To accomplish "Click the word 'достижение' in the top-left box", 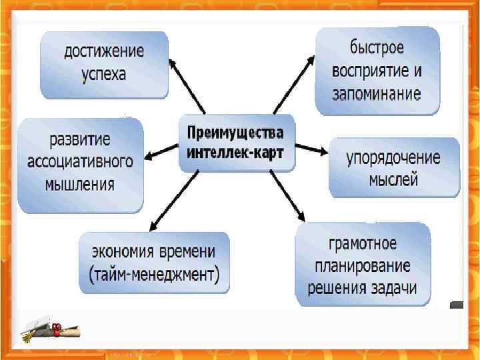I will (x=103, y=51).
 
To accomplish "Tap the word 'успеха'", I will (x=103, y=73).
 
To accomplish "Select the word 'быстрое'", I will (x=377, y=48).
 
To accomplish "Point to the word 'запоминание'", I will (x=377, y=93).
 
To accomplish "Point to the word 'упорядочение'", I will (x=393, y=158).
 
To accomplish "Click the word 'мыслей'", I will (x=393, y=179).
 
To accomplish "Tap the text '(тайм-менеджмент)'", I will (x=154, y=274).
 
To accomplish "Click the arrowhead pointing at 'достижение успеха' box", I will (x=171, y=65).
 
